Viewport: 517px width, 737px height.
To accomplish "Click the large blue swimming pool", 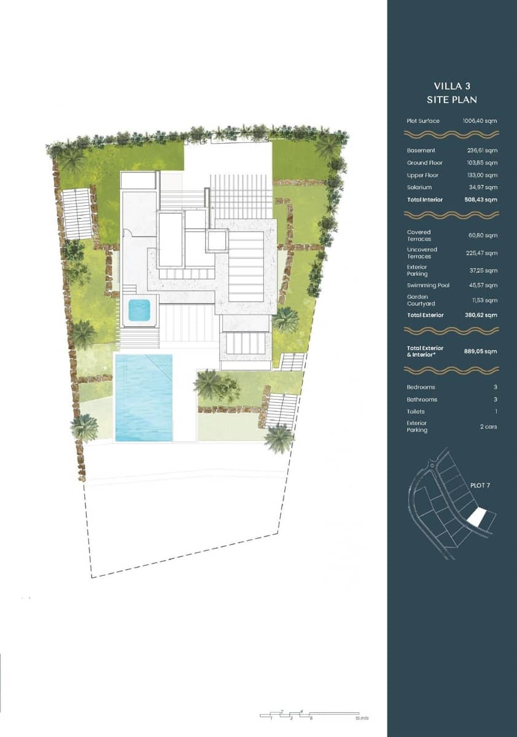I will (x=144, y=397).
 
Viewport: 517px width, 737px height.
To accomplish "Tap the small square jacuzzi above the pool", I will (x=139, y=309).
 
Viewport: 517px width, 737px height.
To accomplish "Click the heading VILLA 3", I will (x=451, y=86).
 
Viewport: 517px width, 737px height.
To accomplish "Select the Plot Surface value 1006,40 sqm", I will (x=480, y=121).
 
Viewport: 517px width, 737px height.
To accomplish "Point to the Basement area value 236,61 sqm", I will (x=482, y=150).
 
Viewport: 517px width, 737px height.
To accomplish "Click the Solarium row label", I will (x=419, y=187).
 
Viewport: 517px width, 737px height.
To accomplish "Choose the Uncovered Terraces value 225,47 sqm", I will (x=482, y=252).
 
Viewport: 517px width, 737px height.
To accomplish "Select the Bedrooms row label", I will (x=421, y=388).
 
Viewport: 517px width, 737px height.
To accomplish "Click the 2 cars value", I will (x=488, y=426).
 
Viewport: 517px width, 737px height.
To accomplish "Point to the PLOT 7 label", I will (x=480, y=486).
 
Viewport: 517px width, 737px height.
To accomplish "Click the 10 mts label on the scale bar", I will (x=362, y=717).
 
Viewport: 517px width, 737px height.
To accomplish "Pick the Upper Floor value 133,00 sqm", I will (x=482, y=175).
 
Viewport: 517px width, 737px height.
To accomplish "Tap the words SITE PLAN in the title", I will (x=451, y=99).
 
